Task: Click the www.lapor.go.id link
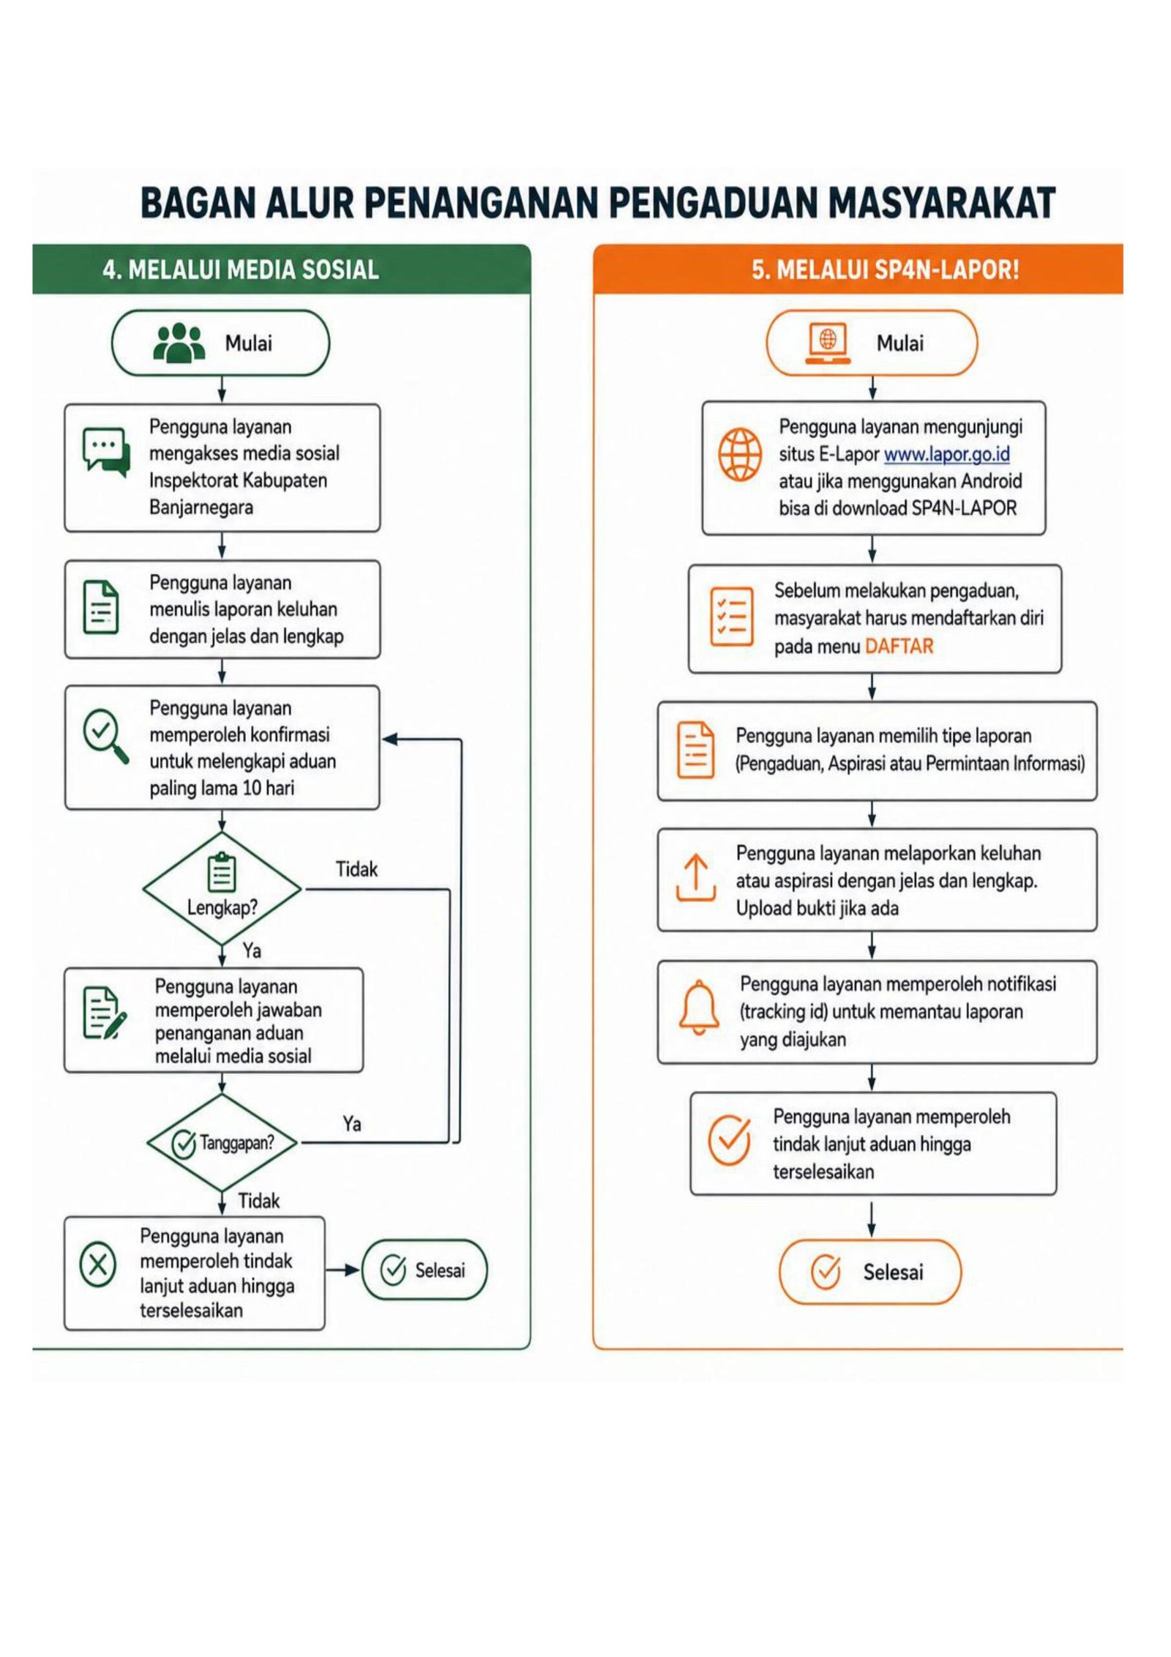[x=946, y=455]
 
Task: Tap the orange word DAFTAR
[x=899, y=646]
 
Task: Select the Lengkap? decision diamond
[x=222, y=889]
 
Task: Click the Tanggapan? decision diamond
[x=222, y=1143]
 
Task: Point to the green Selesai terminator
[x=424, y=1270]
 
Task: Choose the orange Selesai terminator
[x=870, y=1272]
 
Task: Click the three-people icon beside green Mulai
[x=179, y=343]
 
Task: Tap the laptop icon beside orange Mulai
[x=828, y=343]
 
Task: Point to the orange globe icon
[x=740, y=455]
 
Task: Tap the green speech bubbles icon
[x=107, y=453]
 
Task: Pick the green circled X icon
[x=98, y=1265]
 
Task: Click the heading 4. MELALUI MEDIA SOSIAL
[x=241, y=269]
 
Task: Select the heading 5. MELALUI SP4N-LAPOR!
[x=886, y=269]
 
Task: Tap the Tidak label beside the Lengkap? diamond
[x=356, y=869]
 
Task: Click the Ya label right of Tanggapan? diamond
[x=352, y=1124]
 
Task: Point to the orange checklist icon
[x=732, y=617]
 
